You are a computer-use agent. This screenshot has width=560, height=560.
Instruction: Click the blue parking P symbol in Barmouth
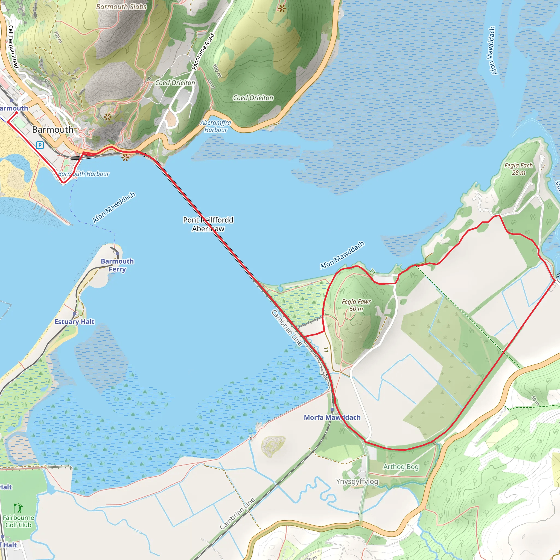(x=40, y=145)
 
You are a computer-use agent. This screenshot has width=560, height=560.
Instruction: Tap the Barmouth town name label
(x=52, y=130)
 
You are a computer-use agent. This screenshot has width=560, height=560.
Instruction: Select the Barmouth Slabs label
(x=121, y=7)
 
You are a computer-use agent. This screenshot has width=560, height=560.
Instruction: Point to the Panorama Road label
(x=203, y=52)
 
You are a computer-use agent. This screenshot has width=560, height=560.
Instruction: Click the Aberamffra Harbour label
(x=216, y=126)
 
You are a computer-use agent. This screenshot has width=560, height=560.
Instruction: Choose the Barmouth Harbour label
(x=84, y=174)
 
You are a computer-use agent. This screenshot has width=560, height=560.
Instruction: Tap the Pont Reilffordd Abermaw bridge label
(x=208, y=224)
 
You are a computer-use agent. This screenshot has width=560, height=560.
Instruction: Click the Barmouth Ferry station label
(x=117, y=265)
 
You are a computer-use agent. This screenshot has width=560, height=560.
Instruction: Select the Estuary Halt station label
(x=74, y=322)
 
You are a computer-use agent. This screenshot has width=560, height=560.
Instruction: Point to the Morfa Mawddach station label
(x=332, y=417)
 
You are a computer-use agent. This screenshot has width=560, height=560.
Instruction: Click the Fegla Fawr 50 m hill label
(x=356, y=305)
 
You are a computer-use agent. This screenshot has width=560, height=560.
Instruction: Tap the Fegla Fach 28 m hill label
(x=518, y=169)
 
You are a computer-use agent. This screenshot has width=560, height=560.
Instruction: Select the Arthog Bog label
(x=401, y=467)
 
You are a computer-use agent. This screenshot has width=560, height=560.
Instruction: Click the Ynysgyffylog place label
(x=357, y=482)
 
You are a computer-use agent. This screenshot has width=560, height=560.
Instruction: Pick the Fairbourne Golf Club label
(x=18, y=521)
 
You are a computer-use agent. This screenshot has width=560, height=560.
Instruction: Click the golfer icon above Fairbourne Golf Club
(x=18, y=508)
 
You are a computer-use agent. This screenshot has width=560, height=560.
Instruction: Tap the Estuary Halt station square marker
(x=74, y=314)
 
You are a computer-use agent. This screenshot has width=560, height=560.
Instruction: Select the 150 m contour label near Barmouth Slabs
(x=58, y=37)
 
